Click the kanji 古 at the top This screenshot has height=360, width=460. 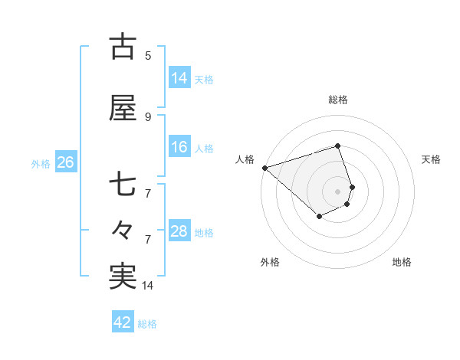click(123, 47)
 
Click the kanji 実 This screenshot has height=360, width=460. click(123, 276)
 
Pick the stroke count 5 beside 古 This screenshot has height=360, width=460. click(148, 55)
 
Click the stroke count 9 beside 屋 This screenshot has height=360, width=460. click(148, 116)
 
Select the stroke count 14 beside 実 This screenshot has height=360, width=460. click(148, 286)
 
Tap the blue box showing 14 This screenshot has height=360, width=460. click(179, 78)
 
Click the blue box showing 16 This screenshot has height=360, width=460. click(179, 147)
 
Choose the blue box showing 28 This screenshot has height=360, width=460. click(179, 231)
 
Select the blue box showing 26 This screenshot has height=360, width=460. click(65, 162)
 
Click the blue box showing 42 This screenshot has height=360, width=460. click(122, 322)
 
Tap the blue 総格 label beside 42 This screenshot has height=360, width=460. click(147, 324)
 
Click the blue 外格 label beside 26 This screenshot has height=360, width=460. click(41, 163)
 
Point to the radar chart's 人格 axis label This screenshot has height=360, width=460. click(245, 159)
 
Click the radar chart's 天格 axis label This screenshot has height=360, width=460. click(432, 159)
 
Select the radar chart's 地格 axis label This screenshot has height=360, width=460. click(402, 262)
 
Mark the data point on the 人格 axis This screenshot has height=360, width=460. click(264, 168)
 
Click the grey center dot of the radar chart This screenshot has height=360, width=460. click(337, 191)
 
